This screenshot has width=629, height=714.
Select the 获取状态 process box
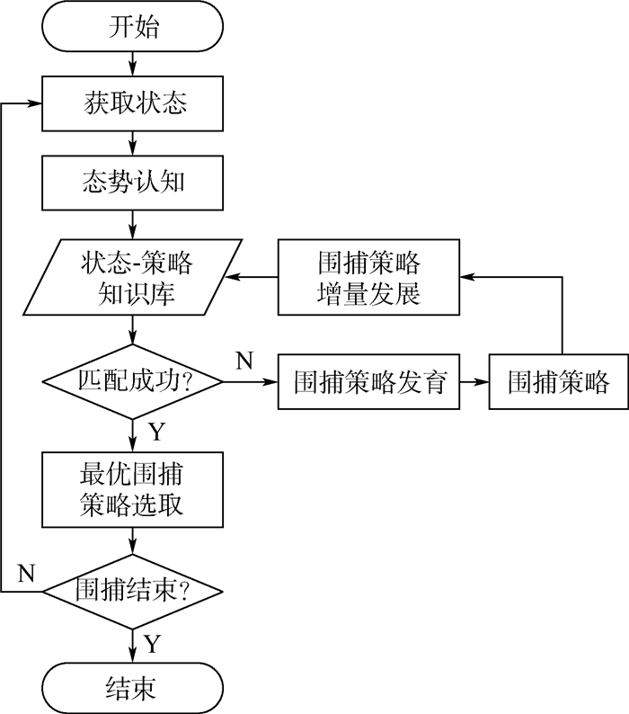133,103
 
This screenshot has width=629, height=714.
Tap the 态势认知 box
133,183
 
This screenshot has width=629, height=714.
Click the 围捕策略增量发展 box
368,277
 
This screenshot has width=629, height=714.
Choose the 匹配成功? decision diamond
133,382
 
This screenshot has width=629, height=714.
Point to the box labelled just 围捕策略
558,382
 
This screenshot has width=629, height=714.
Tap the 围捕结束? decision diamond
133,592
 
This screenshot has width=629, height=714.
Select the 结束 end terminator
133,688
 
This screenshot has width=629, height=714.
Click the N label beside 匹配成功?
244,361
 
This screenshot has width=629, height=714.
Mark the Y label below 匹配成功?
156,433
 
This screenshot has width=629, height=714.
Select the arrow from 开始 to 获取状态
133,63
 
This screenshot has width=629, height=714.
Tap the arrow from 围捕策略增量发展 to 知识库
251,277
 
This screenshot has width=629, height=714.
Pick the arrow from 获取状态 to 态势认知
133,142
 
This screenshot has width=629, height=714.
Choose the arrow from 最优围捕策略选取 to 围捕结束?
133,540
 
